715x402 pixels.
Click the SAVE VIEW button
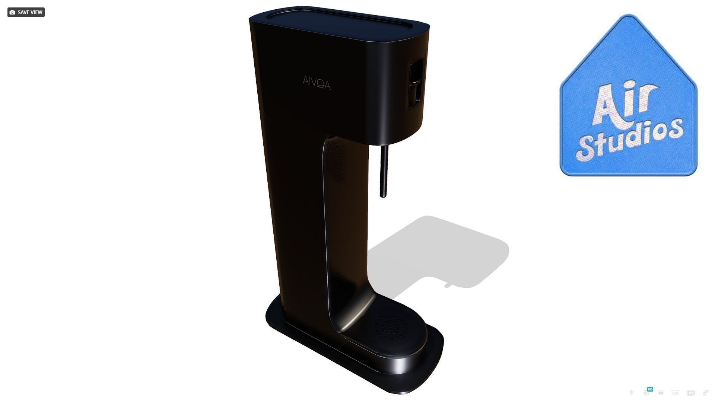tap(26, 12)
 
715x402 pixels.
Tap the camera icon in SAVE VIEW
tap(12, 12)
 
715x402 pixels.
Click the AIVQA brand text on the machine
tap(317, 83)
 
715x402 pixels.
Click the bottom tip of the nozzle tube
tap(382, 195)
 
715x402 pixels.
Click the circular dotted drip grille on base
tap(391, 328)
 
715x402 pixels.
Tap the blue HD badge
tap(650, 389)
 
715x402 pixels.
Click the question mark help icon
tap(631, 393)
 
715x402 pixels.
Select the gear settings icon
tap(646, 393)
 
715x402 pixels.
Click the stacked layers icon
tap(661, 393)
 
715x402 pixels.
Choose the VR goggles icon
tap(676, 393)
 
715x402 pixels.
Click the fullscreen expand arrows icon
tap(705, 393)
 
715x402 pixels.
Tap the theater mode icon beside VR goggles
tap(691, 393)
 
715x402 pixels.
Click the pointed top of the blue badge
tap(629, 17)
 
